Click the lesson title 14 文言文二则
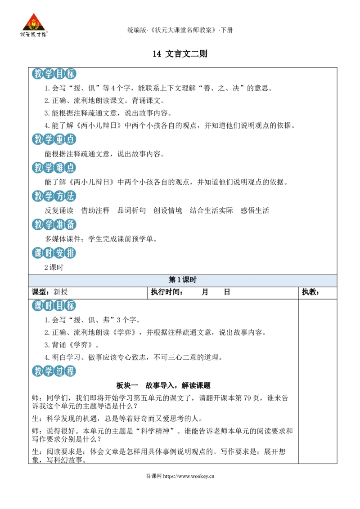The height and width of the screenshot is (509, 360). [180, 54]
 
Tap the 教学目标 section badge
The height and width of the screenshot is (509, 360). [54, 74]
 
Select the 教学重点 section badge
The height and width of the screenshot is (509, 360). [54, 139]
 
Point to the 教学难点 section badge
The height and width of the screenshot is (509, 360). [54, 168]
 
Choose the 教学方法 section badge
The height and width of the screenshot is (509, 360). [54, 196]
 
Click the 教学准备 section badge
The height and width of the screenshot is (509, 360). [54, 224]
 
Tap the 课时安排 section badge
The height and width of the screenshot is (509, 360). [54, 253]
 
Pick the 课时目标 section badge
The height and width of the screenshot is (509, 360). [54, 305]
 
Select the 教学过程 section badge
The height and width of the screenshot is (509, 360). [54, 371]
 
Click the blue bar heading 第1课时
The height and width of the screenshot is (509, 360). [183, 280]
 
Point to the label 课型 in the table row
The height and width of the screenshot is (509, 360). [39, 292]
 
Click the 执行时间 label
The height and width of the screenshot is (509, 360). [165, 292]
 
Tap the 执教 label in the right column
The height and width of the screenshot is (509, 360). [309, 292]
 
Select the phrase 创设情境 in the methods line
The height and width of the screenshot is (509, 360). [168, 211]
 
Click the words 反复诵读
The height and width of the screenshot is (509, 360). [59, 211]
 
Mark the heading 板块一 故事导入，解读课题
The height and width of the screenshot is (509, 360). [163, 386]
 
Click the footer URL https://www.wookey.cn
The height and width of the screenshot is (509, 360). [189, 476]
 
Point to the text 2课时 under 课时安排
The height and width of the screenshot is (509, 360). [54, 268]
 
